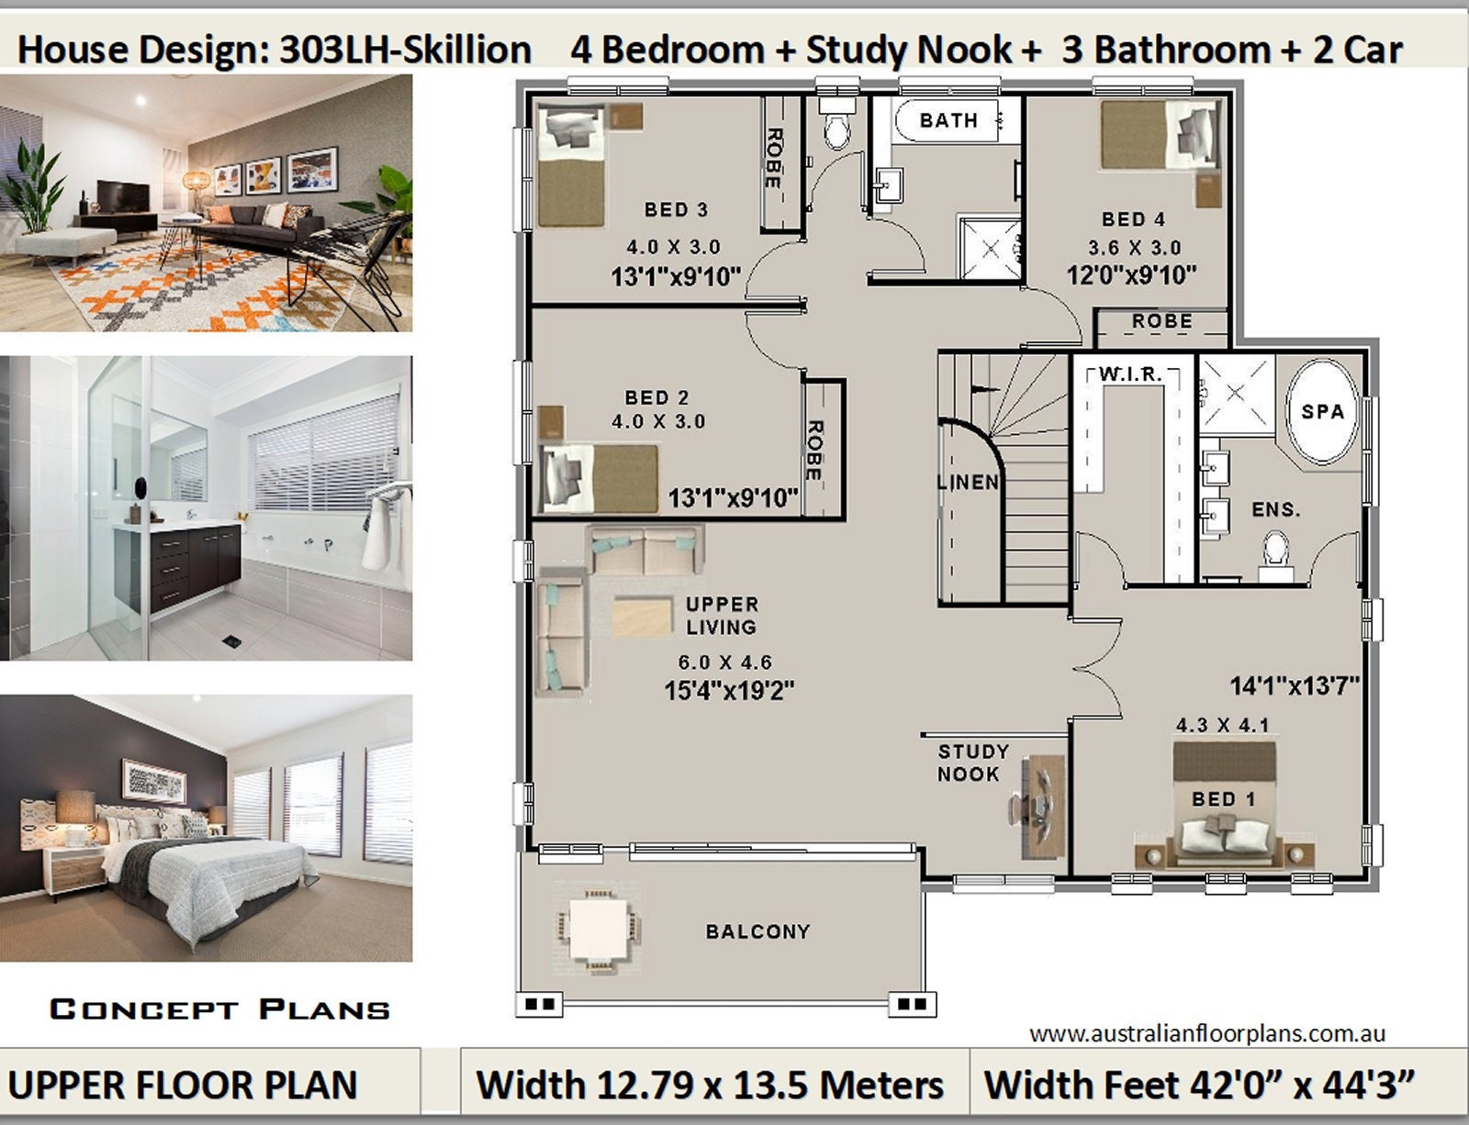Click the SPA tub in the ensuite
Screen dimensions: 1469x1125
pyautogui.click(x=1322, y=411)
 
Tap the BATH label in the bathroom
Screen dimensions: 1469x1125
pyautogui.click(x=948, y=120)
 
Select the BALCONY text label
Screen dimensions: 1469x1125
pyautogui.click(x=757, y=931)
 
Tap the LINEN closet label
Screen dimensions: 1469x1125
pyautogui.click(x=968, y=482)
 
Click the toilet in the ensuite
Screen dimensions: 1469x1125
pyautogui.click(x=1276, y=555)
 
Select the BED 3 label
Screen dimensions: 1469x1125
pyautogui.click(x=676, y=209)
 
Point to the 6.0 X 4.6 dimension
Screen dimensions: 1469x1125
pyautogui.click(x=724, y=662)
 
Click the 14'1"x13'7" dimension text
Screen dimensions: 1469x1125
pyautogui.click(x=1294, y=685)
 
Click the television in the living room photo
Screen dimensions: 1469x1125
pyautogui.click(x=123, y=196)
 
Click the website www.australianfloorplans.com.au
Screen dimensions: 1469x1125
pyautogui.click(x=1207, y=1034)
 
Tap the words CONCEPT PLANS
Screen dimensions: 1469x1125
pyautogui.click(x=219, y=1009)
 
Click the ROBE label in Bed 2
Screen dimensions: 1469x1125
pyautogui.click(x=815, y=450)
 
